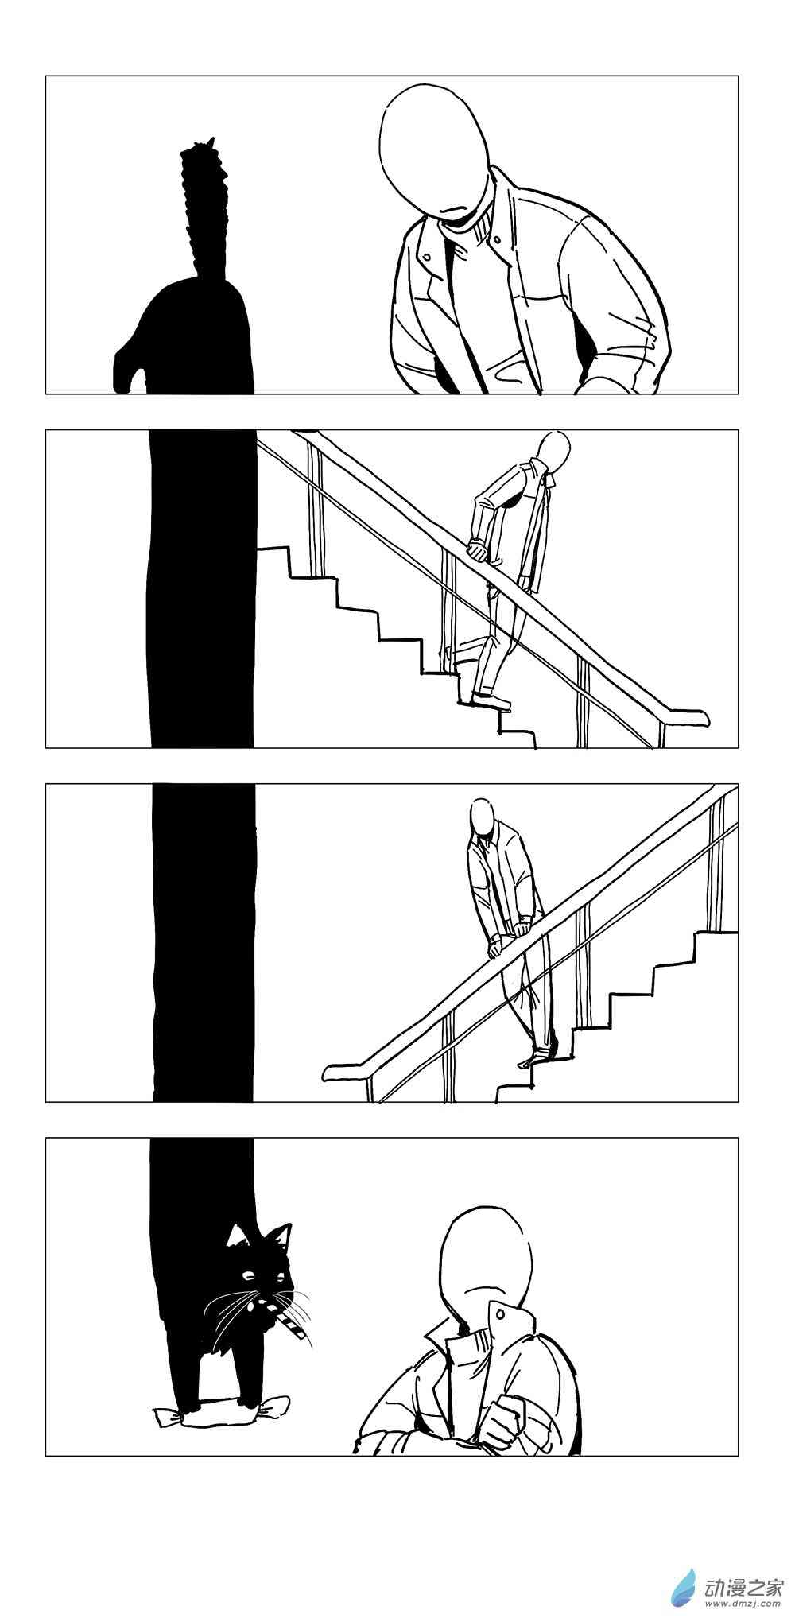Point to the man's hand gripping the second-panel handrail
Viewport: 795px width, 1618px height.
(477, 549)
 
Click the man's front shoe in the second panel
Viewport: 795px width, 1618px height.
(490, 700)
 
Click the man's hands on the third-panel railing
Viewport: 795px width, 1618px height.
(509, 935)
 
